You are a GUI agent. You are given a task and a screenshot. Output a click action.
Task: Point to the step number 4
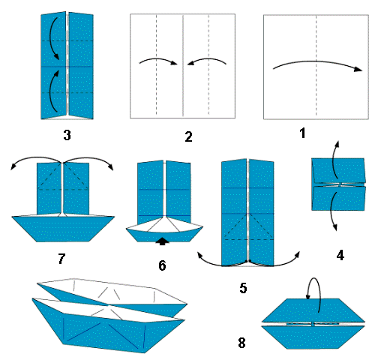(x=340, y=254)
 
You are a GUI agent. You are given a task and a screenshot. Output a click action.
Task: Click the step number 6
(x=162, y=265)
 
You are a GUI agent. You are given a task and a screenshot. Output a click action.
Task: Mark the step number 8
(x=241, y=343)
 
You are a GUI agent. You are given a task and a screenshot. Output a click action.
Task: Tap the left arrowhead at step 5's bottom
(x=200, y=255)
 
